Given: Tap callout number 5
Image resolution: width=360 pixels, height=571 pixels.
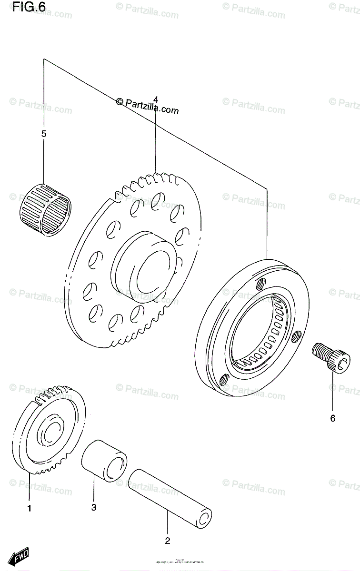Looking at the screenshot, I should coord(44,134).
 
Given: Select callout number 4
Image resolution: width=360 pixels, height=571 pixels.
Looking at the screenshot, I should coord(155,99).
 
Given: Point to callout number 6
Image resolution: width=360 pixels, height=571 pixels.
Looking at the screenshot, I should coord(332,418).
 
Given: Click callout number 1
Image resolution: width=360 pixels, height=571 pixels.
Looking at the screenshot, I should coord(29,509).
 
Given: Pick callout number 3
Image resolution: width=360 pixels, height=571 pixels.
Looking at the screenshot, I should coord(94,508).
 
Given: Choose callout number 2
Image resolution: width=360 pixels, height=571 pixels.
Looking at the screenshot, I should coord(167,541).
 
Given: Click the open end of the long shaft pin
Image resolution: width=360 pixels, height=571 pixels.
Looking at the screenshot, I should coord(205,519).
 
